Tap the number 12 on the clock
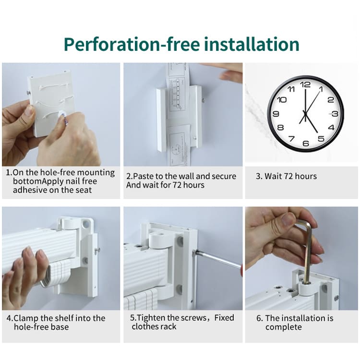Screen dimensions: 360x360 coord(305,84)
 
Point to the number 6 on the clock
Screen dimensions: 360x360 coord(306,144)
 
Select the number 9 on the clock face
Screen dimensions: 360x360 coord(276,114)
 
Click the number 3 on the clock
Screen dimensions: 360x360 coord(335,114)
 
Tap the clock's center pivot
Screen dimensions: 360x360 coord(305,113)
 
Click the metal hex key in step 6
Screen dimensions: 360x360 coord(305,250)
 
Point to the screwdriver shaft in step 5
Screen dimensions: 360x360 coord(217,259)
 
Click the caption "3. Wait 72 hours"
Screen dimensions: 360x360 coord(286,176)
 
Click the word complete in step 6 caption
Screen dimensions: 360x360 coord(284,327)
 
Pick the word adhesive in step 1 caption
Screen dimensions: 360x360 coord(29,190)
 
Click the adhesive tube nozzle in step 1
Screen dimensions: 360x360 coord(61,114)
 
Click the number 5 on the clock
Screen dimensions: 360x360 coord(321,139)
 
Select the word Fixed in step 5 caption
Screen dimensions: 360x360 coord(224,318)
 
